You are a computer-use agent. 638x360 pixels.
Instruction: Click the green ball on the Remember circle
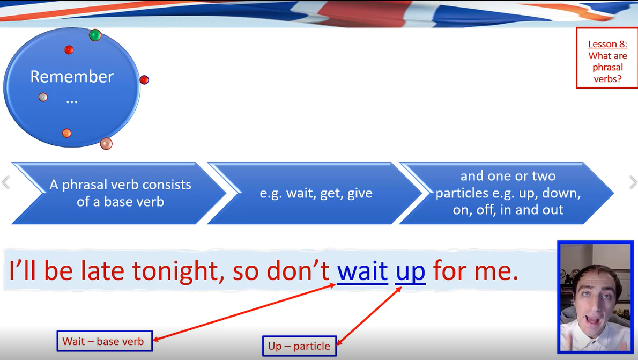tap(95, 35)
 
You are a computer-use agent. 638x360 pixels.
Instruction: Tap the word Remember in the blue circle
tap(72, 77)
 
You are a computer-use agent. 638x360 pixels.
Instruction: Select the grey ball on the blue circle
tap(43, 97)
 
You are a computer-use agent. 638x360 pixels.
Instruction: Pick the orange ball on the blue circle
tap(66, 133)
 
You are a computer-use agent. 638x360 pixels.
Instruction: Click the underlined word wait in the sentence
tap(362, 271)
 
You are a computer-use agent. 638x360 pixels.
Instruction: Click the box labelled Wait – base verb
tap(105, 341)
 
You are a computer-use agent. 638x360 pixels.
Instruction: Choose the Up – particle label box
tap(300, 346)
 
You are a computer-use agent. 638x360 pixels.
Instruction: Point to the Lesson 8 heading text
tap(607, 44)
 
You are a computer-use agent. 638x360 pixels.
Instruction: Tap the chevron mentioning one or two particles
tap(507, 193)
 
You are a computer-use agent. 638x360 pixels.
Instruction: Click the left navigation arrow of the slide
tap(6, 182)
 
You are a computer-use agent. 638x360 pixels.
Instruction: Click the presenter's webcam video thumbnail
tap(595, 297)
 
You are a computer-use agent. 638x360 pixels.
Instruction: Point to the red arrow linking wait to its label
tap(244, 312)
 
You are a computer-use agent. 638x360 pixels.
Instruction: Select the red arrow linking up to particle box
tap(369, 316)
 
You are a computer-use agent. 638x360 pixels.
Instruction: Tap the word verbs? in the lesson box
tap(607, 78)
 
